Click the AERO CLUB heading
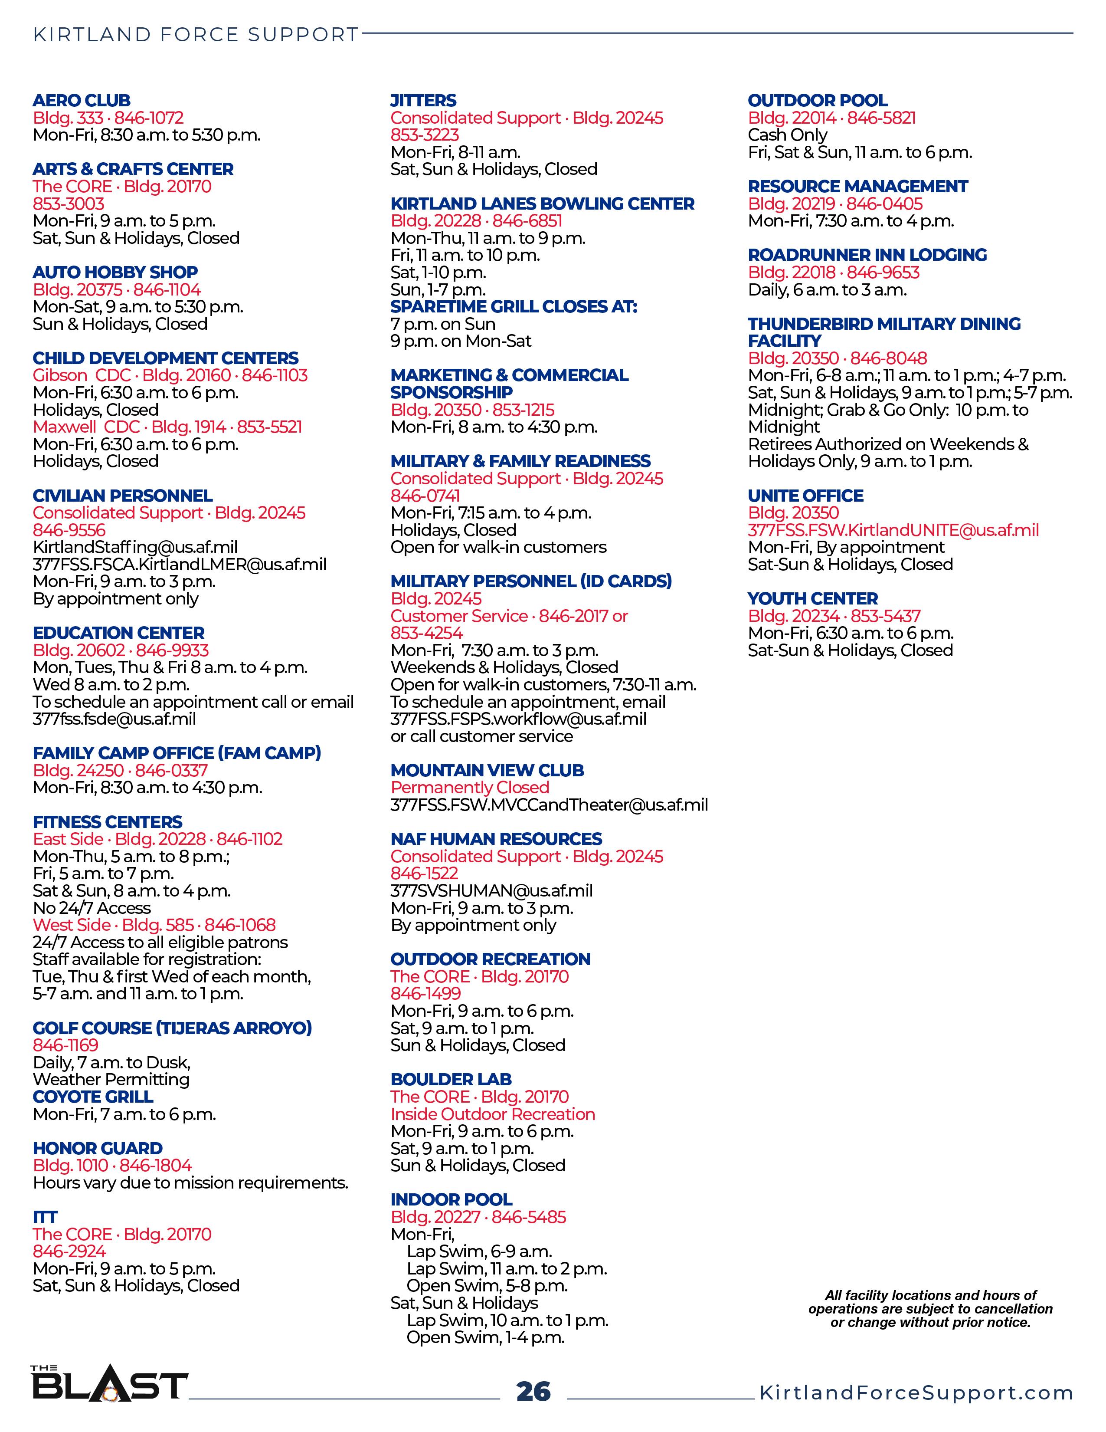tap(81, 100)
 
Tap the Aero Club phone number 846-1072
tap(149, 118)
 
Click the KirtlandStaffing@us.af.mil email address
tap(135, 547)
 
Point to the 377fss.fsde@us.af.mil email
tap(114, 719)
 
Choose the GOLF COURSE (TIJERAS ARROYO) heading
tap(172, 1028)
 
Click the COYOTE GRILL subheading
tap(93, 1096)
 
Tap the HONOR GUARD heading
tap(98, 1148)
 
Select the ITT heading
tap(45, 1217)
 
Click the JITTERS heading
tap(423, 100)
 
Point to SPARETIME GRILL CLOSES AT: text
tap(514, 306)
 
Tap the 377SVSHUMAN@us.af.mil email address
tap(491, 890)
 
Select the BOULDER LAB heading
tap(451, 1079)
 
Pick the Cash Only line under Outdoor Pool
tap(788, 135)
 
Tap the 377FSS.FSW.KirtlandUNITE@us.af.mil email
tap(893, 530)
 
